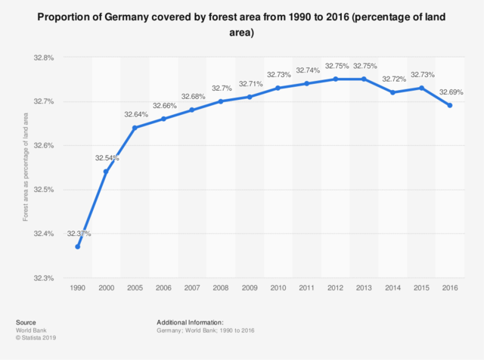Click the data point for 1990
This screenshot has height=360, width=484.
77,247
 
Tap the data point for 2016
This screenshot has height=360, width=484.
450,106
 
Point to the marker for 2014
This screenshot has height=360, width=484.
392,92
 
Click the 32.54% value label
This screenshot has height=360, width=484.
107,158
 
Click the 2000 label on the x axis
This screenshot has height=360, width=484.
106,289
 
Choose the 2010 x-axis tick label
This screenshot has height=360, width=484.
278,289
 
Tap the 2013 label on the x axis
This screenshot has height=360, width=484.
364,289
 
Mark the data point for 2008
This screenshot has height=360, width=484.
221,101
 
